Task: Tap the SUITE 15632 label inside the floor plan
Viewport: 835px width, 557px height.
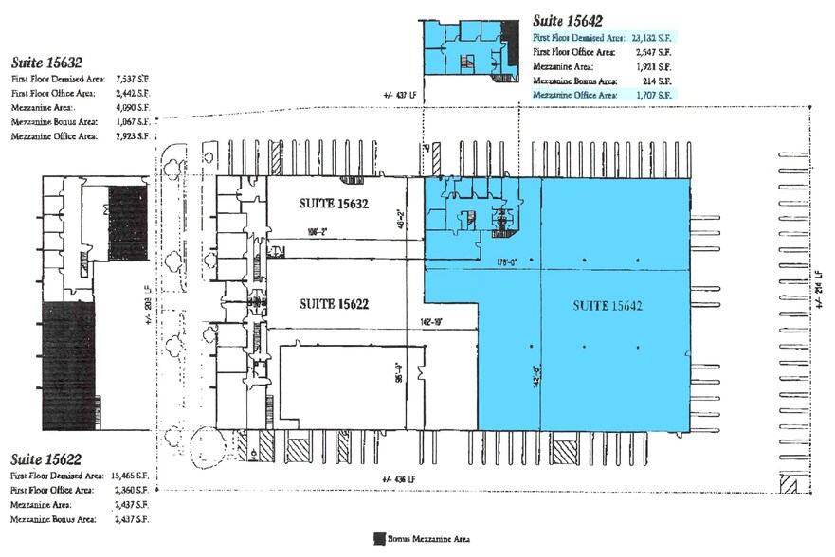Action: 334,204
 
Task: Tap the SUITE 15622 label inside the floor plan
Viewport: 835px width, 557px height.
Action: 334,304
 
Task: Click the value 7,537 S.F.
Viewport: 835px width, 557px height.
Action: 130,81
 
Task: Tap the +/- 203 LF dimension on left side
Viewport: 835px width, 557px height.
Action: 142,305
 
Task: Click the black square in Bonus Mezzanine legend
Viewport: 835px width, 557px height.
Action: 380,538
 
